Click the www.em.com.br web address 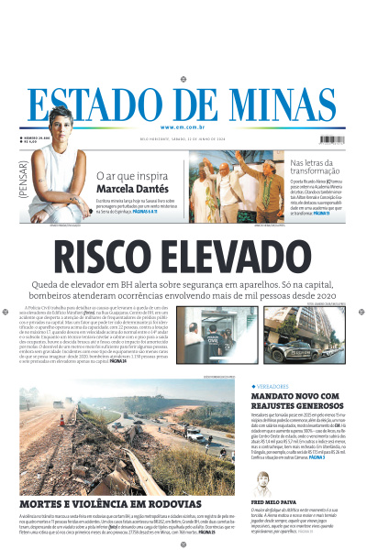(x=183, y=127)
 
